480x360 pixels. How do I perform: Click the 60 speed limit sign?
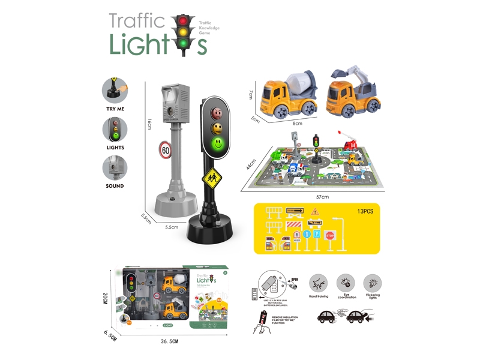[165, 150]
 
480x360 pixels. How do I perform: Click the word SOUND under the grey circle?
[115, 186]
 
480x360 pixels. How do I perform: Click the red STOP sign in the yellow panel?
[329, 236]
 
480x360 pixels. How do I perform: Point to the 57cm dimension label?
[323, 197]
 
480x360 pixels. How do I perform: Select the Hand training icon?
[319, 283]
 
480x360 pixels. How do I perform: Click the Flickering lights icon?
[372, 283]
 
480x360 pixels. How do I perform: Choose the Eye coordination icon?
[346, 283]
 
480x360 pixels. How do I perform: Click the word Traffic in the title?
[137, 22]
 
